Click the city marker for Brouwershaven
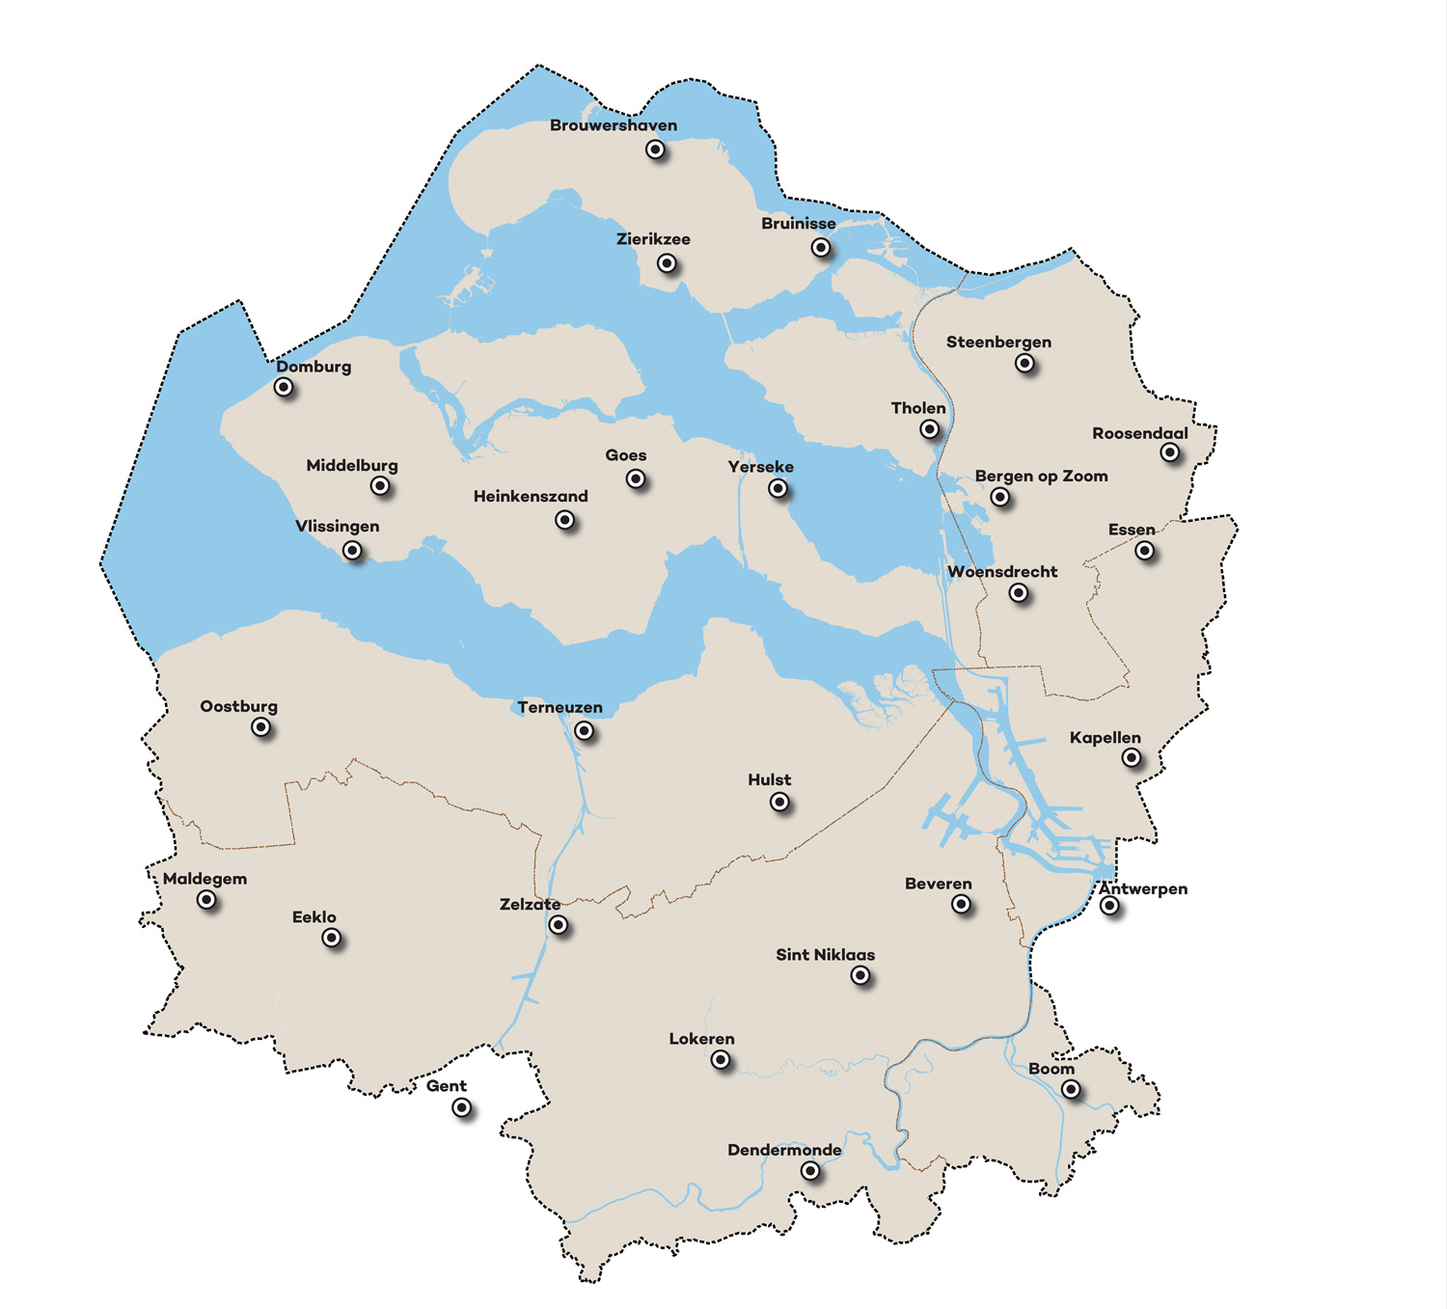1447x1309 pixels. pos(655,150)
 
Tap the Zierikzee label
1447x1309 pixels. pos(653,239)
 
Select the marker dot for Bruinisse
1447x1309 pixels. pos(821,248)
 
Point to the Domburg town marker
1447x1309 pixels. pos(284,388)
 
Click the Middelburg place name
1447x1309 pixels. pos(352,465)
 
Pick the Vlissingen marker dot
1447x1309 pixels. pos(353,551)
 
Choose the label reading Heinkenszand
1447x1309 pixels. pos(531,496)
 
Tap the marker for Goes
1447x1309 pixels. pos(636,479)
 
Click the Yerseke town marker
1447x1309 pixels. pos(778,489)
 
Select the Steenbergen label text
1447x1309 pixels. pos(998,341)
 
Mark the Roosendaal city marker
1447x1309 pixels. pos(1170,452)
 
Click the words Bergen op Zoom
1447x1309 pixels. pos(1041,476)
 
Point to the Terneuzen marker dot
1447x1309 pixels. pos(584,731)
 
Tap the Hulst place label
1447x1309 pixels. pos(769,779)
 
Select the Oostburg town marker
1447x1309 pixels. pos(261,727)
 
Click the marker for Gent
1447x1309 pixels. pos(462,1108)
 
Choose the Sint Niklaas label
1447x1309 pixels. pos(825,955)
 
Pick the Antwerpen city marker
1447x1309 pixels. pos(1109,906)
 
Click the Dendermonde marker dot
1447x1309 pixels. pos(810,1171)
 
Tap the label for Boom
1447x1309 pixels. pos(1051,1069)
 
